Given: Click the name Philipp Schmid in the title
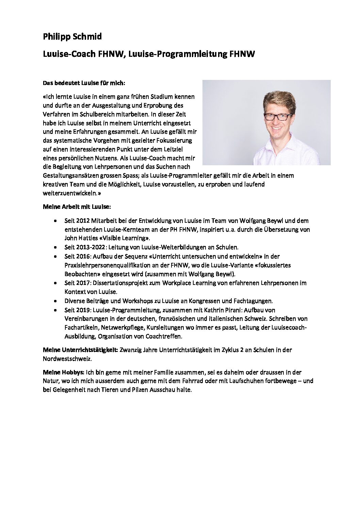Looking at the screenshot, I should (72, 37).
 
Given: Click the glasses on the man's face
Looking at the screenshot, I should (276, 116).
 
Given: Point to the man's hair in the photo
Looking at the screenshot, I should (276, 99).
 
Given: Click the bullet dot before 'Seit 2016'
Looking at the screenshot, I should (56, 256).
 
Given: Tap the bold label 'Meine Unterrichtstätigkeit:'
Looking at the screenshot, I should (80, 350).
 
